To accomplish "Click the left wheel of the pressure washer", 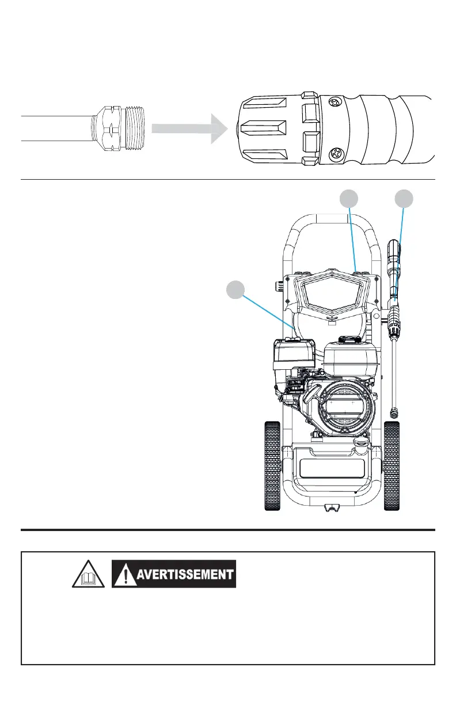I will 272,465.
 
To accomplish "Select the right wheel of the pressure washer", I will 392,465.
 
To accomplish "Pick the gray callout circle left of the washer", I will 234,290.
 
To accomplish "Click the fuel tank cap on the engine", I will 349,340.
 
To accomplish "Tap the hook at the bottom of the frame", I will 332,507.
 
